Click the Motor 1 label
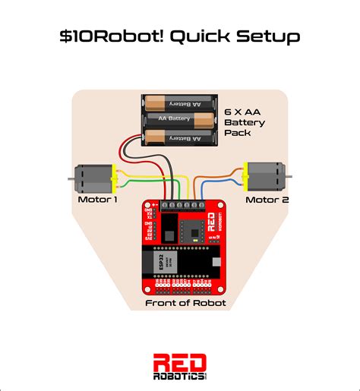(x=98, y=200)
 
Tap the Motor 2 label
(x=267, y=200)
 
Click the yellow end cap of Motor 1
(x=112, y=179)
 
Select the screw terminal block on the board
(x=182, y=206)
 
